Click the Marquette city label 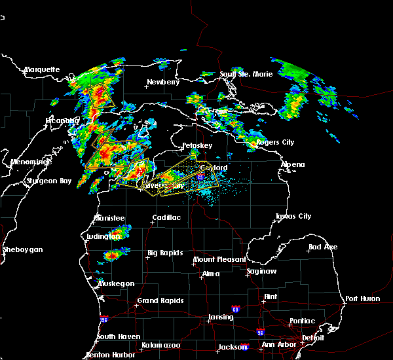tap(42, 69)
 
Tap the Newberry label tap(162, 82)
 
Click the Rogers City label tap(274, 142)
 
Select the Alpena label tap(293, 164)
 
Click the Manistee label tap(109, 217)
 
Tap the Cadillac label tap(166, 217)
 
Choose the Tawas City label tap(293, 216)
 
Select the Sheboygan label tap(22, 249)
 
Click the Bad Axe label tap(323, 247)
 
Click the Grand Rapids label tap(160, 301)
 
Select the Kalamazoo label tap(160, 345)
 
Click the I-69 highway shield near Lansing tap(235, 308)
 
